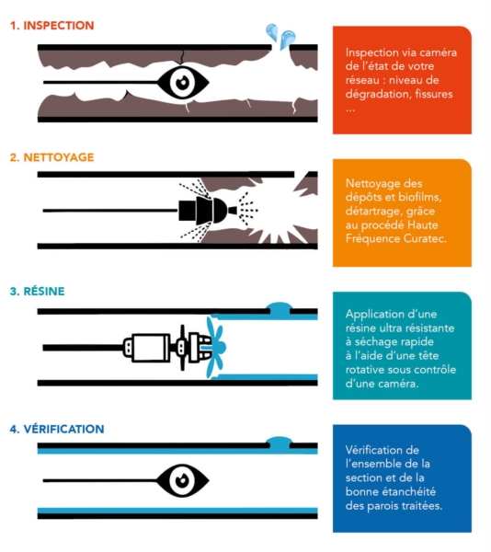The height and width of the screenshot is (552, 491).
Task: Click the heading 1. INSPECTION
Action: tap(52, 26)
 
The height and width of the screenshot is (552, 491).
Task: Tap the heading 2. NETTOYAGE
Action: tap(52, 157)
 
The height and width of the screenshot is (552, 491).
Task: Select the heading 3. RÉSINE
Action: tap(38, 291)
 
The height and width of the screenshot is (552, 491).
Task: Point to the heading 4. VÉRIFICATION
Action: tap(57, 429)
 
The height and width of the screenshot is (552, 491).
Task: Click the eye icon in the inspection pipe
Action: tap(183, 83)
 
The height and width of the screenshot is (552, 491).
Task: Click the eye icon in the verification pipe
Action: tap(183, 480)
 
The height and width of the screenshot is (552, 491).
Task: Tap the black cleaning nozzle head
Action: tap(203, 211)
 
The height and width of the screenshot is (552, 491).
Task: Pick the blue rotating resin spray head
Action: tap(215, 347)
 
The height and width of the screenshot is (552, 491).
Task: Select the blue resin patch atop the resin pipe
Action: tap(280, 307)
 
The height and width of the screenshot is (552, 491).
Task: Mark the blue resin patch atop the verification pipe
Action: tap(280, 443)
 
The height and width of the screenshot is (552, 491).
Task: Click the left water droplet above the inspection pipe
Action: tap(272, 32)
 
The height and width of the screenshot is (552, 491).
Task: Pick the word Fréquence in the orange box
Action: tap(372, 238)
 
